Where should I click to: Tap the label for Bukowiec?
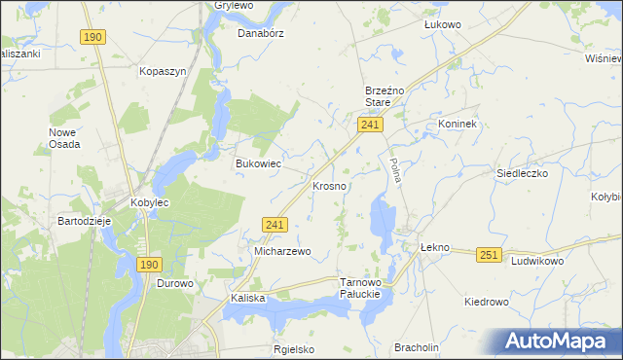coord(258,163)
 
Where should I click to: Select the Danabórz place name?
coord(259,31)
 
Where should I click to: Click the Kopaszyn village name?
coord(162,72)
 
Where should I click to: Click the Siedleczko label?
coord(523,172)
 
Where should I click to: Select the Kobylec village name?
coord(150,202)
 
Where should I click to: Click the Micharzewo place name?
coord(282,251)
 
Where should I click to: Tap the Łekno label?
coord(434,247)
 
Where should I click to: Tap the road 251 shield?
coord(489,255)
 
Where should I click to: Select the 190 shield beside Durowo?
coord(148,264)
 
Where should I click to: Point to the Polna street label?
coord(395,172)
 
